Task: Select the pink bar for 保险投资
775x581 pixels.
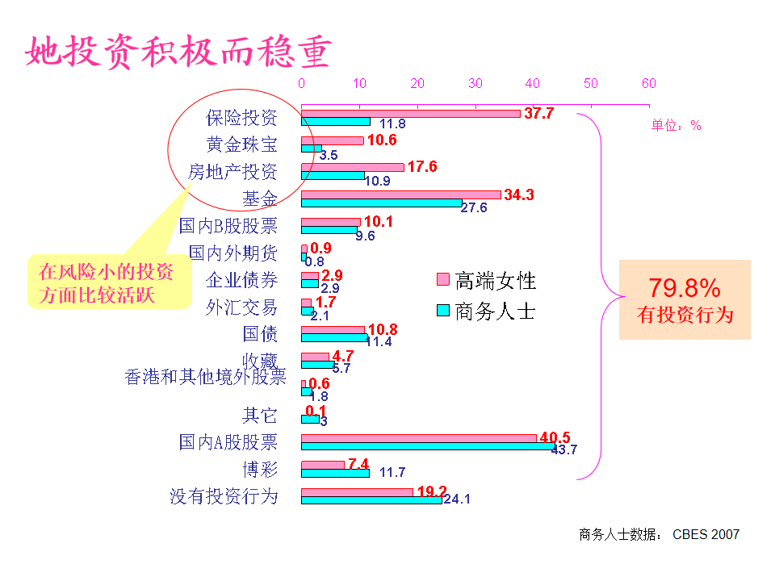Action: coord(410,113)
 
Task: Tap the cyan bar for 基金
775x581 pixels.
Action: coord(381,203)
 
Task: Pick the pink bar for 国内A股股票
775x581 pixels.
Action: coord(418,438)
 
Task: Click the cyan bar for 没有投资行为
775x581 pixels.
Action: coord(371,499)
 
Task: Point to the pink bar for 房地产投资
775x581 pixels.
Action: coord(352,167)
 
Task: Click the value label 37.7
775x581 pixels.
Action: coord(538,114)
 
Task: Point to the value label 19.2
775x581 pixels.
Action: coord(432,491)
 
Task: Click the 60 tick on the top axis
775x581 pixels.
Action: coord(648,83)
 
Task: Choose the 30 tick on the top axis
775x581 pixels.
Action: coord(475,83)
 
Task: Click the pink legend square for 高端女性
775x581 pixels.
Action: coord(442,280)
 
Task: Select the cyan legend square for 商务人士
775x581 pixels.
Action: coord(442,311)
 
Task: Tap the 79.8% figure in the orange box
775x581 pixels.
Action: coord(685,288)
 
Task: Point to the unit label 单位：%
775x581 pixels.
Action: coord(677,126)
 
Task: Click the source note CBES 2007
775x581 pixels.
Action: coord(706,534)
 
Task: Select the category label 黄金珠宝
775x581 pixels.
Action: coord(241,144)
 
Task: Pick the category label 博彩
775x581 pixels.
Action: coord(260,469)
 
